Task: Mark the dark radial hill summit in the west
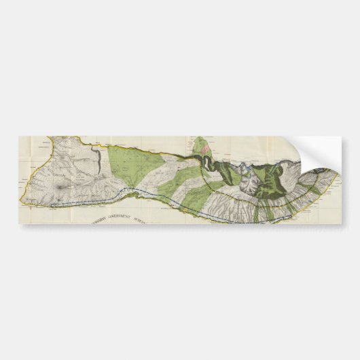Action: (65, 184)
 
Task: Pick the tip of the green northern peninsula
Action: (200, 139)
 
